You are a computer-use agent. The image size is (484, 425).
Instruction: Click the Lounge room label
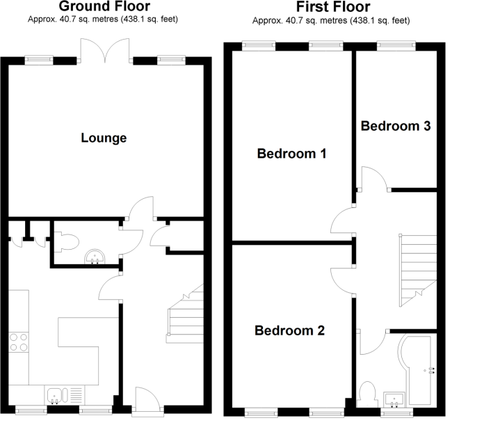coord(104,138)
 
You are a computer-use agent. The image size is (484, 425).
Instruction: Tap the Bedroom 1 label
coord(291,153)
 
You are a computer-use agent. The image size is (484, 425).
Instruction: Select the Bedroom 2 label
coord(289,330)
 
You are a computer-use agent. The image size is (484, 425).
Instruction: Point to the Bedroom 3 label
coord(395,126)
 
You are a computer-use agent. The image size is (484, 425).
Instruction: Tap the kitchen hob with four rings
coord(19,342)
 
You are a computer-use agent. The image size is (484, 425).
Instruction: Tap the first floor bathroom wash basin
coord(395,399)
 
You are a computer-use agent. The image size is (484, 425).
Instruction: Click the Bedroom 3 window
coord(396,46)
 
